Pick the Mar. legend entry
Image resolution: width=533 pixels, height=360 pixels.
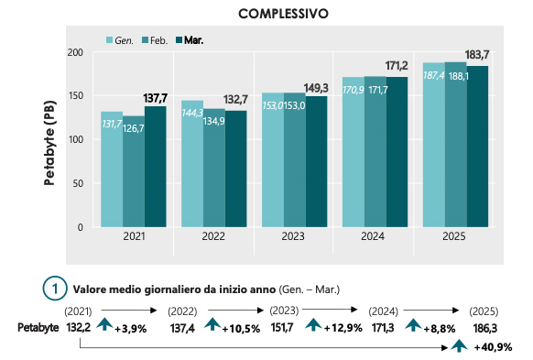click(191, 40)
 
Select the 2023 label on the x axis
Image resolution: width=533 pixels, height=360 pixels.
click(295, 236)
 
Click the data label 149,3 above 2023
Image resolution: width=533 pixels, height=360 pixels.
click(317, 88)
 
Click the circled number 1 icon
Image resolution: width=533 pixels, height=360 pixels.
click(55, 287)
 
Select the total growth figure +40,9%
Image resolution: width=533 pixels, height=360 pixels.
click(493, 347)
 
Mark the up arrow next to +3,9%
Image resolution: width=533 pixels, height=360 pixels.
click(105, 325)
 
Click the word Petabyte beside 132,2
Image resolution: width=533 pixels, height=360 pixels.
click(38, 327)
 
